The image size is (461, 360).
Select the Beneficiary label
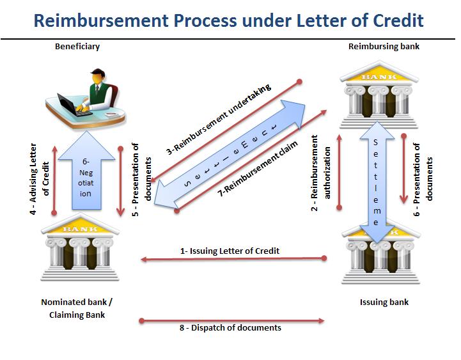pos(77,47)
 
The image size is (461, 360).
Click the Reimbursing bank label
pos(384,47)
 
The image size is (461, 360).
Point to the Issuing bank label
pos(384,302)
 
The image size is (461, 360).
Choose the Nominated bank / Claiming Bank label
pos(77,309)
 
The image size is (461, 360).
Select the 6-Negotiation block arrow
pos(86,170)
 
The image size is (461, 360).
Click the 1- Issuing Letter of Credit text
pos(230,251)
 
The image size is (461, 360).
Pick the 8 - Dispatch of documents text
pos(230,327)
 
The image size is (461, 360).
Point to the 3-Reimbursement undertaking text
pos(219,120)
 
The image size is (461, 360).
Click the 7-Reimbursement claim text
pos(258,169)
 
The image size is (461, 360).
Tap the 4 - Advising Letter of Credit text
pos(39,179)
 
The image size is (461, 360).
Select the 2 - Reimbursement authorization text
pos(321,173)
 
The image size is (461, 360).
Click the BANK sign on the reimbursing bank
pos(379,77)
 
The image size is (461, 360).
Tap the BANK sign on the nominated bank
pos(80,229)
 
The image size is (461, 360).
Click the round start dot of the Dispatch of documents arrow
pos(142,320)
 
